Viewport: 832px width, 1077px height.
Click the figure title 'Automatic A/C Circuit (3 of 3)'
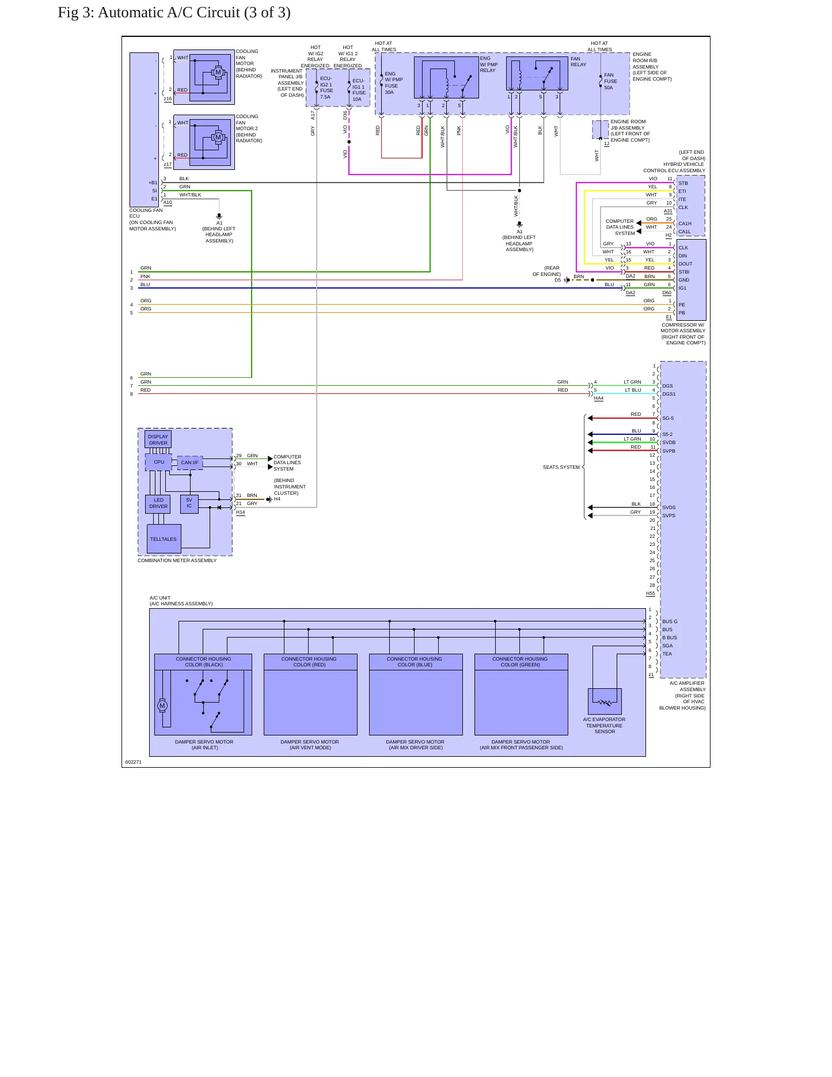(x=194, y=13)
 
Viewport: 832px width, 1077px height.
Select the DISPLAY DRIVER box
(x=158, y=439)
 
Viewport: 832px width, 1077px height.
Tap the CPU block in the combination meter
(x=158, y=462)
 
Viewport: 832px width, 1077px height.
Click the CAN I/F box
(x=189, y=462)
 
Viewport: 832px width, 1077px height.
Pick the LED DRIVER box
(x=158, y=503)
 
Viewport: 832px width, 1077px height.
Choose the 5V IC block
(x=189, y=503)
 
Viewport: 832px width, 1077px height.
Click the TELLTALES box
(x=164, y=539)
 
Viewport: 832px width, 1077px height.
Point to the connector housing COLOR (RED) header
(x=310, y=662)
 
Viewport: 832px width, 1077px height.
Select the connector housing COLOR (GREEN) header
(x=521, y=662)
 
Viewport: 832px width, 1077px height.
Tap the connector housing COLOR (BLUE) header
(x=416, y=662)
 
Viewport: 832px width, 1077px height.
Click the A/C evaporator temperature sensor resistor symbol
(x=605, y=703)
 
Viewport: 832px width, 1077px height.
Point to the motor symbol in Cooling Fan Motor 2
(x=218, y=138)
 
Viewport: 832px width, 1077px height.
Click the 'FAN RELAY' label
(x=578, y=62)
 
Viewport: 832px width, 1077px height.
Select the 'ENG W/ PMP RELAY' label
(x=488, y=65)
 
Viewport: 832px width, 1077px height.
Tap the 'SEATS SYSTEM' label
(x=561, y=467)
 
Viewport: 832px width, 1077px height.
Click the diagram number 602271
(x=133, y=762)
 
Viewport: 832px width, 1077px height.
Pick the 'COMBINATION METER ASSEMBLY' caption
(x=177, y=560)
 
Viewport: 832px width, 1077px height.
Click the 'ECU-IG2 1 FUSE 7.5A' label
(x=326, y=88)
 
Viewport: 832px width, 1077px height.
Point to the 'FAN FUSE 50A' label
(x=610, y=81)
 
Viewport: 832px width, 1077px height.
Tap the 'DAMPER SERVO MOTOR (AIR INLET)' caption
(x=204, y=745)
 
